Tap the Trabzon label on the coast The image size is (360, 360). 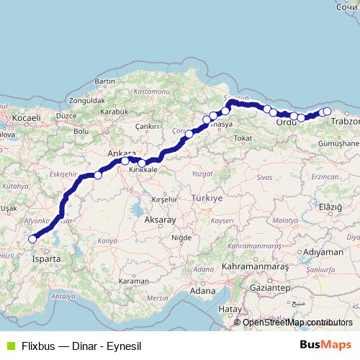pyautogui.click(x=345, y=122)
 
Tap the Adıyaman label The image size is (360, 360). pyautogui.click(x=324, y=253)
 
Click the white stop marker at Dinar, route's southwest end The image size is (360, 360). pyautogui.click(x=32, y=239)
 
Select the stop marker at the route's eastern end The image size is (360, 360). pyautogui.click(x=328, y=112)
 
